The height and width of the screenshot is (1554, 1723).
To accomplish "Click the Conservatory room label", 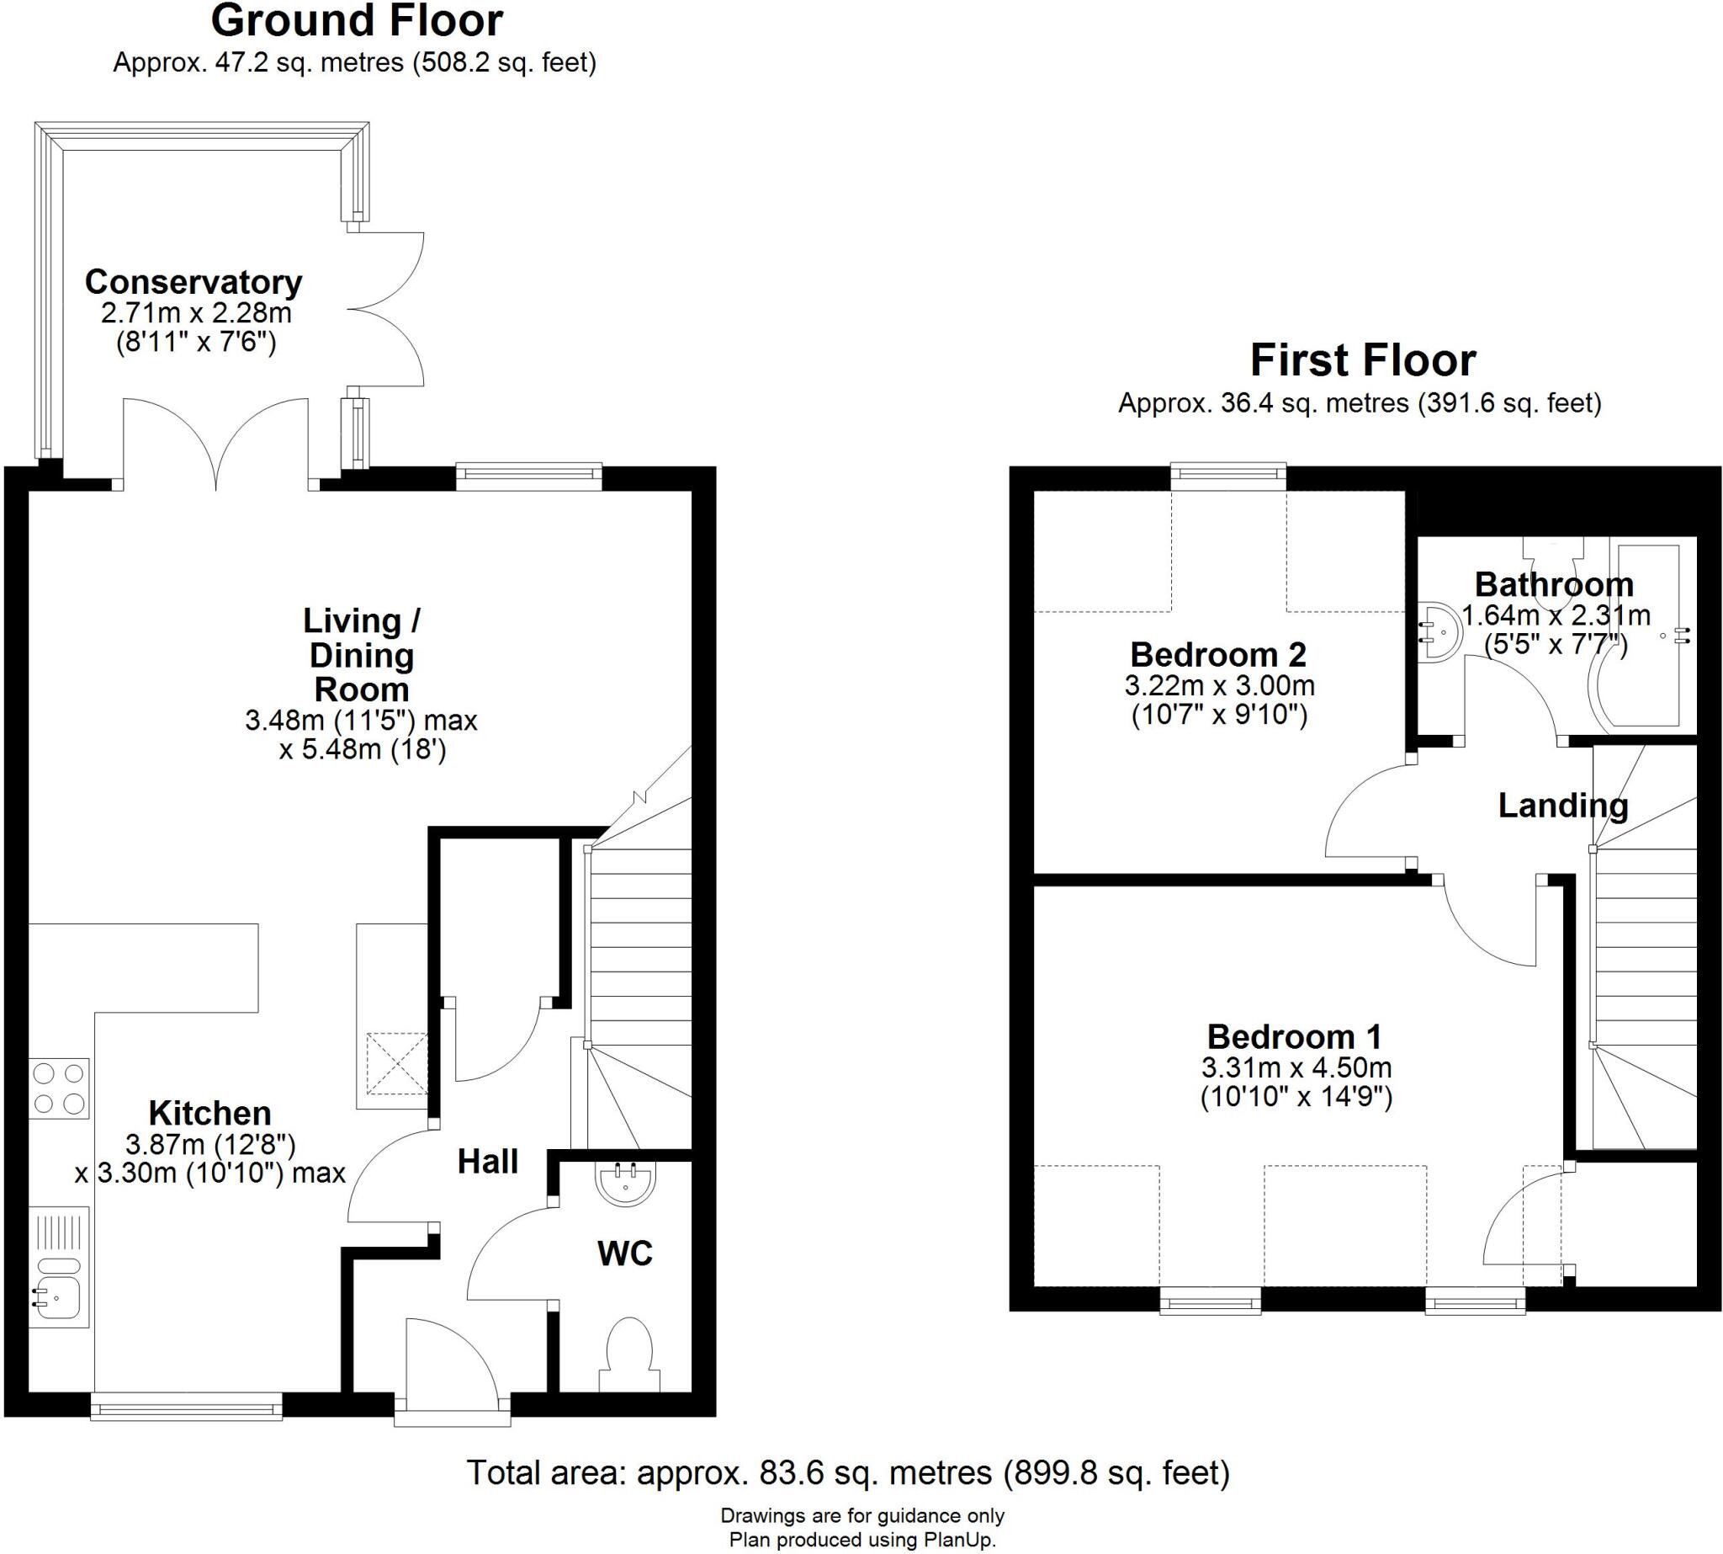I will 193,282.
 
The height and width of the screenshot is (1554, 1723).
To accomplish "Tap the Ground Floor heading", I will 356,21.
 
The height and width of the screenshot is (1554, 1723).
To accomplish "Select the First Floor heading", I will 1362,360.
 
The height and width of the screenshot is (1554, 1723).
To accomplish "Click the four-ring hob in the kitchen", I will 59,1088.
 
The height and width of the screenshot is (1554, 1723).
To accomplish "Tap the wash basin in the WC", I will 627,1184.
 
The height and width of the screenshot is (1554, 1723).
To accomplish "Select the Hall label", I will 487,1161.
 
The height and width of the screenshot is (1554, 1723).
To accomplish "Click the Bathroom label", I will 1554,585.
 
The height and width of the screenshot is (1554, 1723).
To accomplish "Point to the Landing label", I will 1562,805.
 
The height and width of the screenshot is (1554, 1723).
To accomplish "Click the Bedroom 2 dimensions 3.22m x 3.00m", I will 1219,685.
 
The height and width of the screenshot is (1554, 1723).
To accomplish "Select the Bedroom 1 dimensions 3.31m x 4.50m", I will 1296,1067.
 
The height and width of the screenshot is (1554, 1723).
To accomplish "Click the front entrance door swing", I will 450,1360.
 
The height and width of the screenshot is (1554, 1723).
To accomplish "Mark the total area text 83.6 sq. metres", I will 847,1473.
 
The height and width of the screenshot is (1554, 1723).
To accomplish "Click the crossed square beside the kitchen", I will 397,1064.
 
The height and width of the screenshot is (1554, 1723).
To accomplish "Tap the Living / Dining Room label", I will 361,655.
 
